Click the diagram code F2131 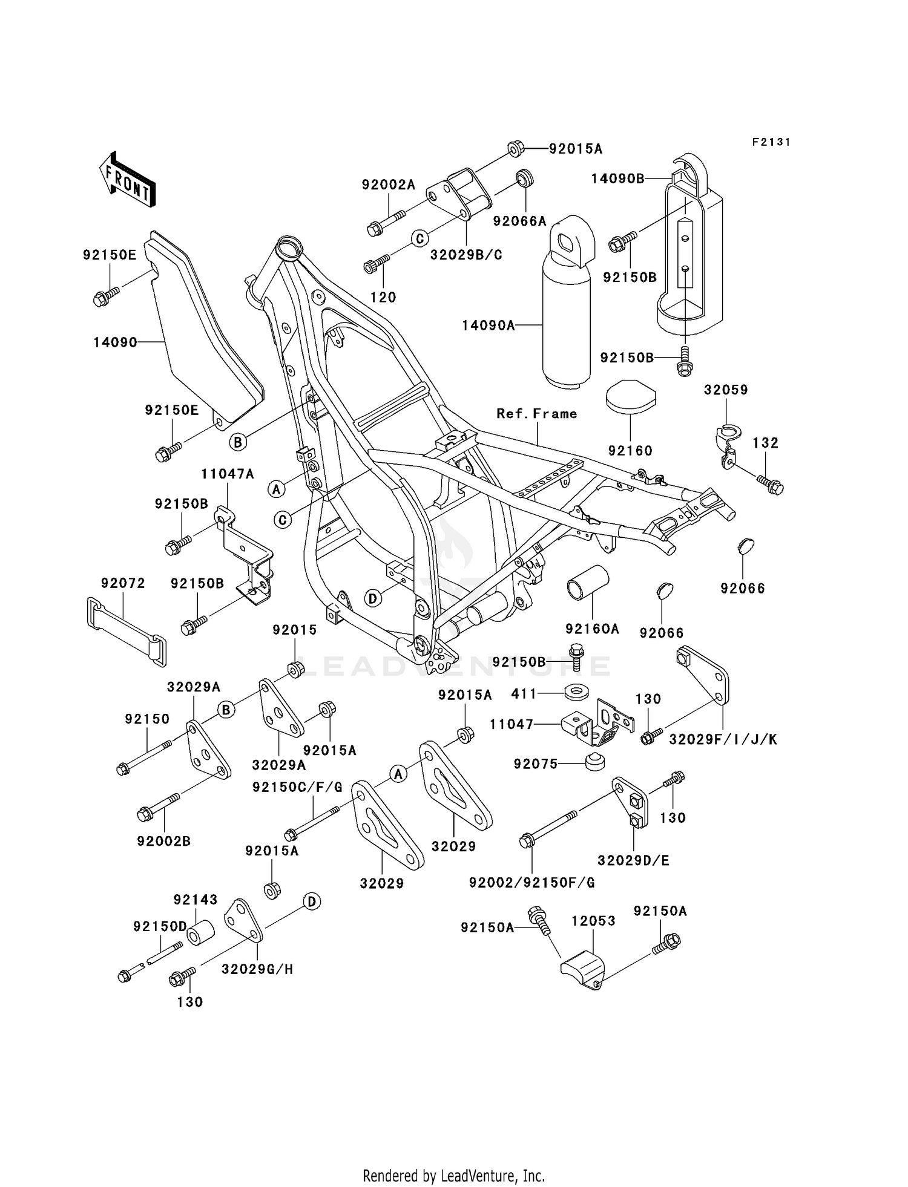[771, 142]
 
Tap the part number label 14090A [488, 325]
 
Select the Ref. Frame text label [536, 414]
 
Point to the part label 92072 [123, 583]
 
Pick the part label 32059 [726, 390]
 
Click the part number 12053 [593, 921]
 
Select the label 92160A [592, 629]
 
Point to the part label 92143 [195, 900]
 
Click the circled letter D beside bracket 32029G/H [311, 902]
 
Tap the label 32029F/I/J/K [723, 739]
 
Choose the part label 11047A [228, 474]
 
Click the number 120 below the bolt [383, 297]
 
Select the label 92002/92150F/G [531, 883]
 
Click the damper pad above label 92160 [630, 396]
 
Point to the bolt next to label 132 [769, 485]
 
